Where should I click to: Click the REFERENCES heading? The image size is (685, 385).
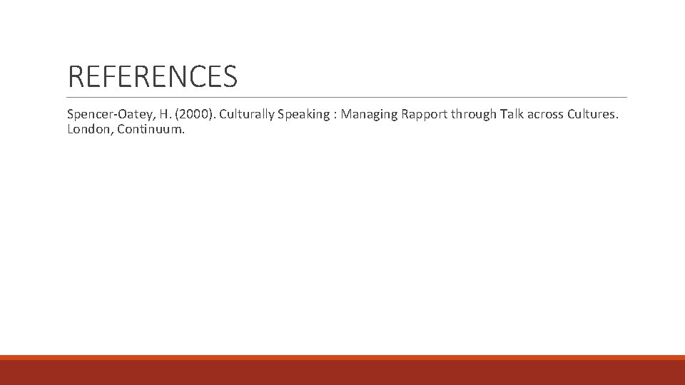point(152,76)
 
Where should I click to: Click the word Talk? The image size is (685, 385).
point(512,115)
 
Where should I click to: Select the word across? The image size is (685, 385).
point(547,115)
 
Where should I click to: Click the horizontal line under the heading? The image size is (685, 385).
point(347,97)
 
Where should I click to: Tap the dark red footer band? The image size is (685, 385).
point(342,373)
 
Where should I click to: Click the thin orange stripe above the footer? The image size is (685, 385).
point(342,357)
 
